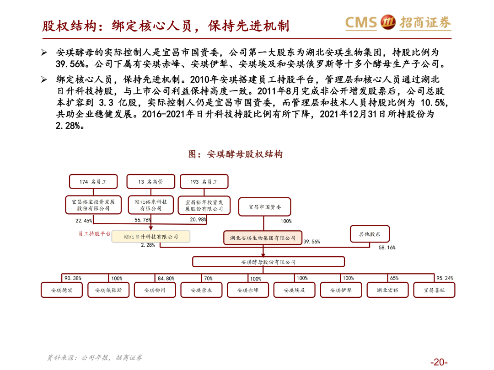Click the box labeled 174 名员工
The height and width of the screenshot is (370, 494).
93,181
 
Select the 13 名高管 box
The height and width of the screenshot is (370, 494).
150,181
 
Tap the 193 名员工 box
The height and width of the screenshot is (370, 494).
204,181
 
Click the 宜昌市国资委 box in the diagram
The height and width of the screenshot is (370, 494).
264,207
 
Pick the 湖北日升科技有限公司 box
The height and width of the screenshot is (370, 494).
150,237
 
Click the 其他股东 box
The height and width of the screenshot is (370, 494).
370,234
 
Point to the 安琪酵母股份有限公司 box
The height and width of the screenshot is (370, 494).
268,262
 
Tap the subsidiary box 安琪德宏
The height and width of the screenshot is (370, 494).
62,290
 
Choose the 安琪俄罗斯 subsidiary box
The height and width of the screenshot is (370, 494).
108,290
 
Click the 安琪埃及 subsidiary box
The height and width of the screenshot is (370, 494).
294,290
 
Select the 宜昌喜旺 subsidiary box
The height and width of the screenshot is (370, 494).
434,290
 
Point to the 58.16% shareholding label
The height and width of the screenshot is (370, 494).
387,248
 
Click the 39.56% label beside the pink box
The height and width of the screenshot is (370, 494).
311,242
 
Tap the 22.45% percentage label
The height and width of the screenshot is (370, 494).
84,221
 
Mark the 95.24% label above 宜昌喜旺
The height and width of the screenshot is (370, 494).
445,278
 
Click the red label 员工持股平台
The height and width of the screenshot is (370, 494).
94,234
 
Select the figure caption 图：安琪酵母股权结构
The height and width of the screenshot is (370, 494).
236,154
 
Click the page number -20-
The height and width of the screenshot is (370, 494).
438,362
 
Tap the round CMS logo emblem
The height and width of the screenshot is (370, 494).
388,22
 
